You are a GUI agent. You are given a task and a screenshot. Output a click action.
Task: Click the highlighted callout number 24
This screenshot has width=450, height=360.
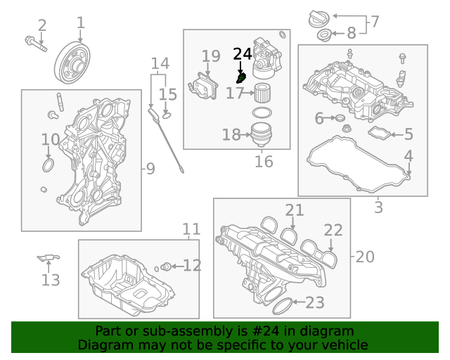point(242,54)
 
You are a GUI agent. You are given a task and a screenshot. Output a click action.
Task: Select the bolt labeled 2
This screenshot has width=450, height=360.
point(34,44)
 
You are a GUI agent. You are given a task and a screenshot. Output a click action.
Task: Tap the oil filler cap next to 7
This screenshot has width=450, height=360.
point(319,19)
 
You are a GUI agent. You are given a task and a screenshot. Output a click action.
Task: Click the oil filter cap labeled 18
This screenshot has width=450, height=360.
point(261,133)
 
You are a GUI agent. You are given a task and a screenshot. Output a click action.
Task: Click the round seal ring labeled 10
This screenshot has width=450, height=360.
point(48,165)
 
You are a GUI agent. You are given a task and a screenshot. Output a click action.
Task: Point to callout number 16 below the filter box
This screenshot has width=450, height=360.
point(264,162)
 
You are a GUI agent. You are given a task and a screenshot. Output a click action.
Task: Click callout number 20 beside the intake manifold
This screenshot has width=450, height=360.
point(365,257)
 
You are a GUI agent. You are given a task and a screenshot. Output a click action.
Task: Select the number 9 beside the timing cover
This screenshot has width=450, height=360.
point(150,168)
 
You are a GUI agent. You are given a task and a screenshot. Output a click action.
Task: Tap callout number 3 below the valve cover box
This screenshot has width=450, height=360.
point(378,207)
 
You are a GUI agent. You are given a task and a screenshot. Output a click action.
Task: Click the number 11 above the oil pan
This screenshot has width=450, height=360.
point(191,229)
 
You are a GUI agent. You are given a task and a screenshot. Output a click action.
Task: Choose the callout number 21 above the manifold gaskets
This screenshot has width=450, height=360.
point(295,210)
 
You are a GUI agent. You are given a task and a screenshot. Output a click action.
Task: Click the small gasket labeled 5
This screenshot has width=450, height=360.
point(380,132)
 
